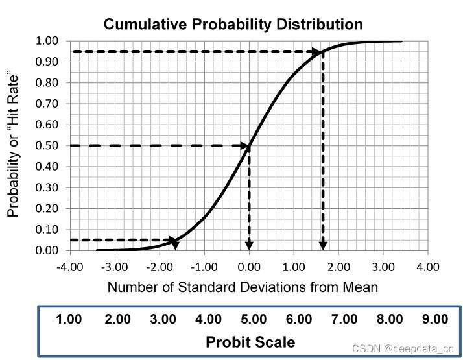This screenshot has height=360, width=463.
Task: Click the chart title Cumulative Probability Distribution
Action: pos(233,25)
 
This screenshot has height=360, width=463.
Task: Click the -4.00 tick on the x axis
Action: pos(71,267)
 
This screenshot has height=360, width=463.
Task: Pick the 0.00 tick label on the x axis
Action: pos(249,267)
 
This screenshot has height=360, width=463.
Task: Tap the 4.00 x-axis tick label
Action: pos(427,267)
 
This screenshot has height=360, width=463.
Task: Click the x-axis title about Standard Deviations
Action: pos(243,287)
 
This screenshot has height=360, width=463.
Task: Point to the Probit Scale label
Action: pos(250,342)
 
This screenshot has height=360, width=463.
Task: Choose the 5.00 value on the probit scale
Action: pos(254,319)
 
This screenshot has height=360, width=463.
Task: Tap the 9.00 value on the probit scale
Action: pos(434,319)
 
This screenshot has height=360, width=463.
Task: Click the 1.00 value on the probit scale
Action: pos(69,319)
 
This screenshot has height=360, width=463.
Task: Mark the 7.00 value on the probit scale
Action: pos(344,319)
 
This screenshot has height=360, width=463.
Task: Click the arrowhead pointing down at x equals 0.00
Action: pos(249,245)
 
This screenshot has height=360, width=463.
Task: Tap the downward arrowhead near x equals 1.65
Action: pos(323,245)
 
